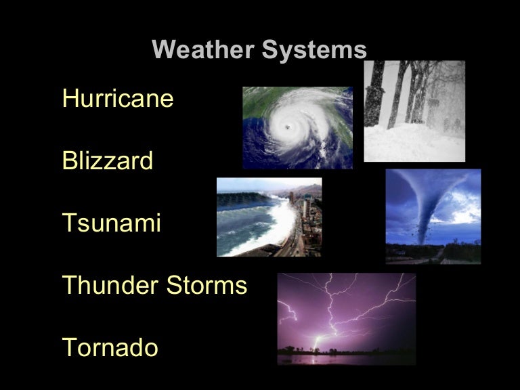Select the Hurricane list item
click(x=118, y=100)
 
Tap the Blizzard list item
click(x=108, y=162)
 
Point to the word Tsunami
click(x=112, y=223)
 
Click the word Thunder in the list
click(x=108, y=286)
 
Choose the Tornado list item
click(x=110, y=348)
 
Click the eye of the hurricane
click(x=290, y=127)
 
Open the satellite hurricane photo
click(x=298, y=127)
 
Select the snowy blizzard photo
click(x=414, y=111)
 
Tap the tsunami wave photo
click(x=269, y=217)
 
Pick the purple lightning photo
click(x=346, y=318)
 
